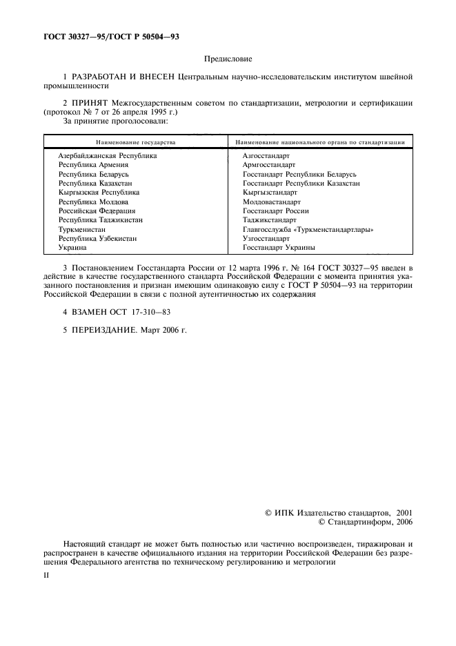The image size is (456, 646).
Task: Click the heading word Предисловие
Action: point(227,61)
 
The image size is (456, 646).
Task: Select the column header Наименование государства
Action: point(136,142)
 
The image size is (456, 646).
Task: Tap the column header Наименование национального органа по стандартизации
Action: point(319,142)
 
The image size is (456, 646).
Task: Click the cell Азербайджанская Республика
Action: point(108,156)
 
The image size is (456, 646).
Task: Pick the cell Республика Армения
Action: point(93,165)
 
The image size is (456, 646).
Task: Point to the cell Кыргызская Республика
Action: point(99,193)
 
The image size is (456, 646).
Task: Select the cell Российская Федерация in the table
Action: point(97,211)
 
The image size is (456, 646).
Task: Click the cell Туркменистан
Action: point(82,229)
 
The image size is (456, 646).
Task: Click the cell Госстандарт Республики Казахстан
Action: point(301,184)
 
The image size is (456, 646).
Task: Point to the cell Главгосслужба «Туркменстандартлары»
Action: point(313,229)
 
